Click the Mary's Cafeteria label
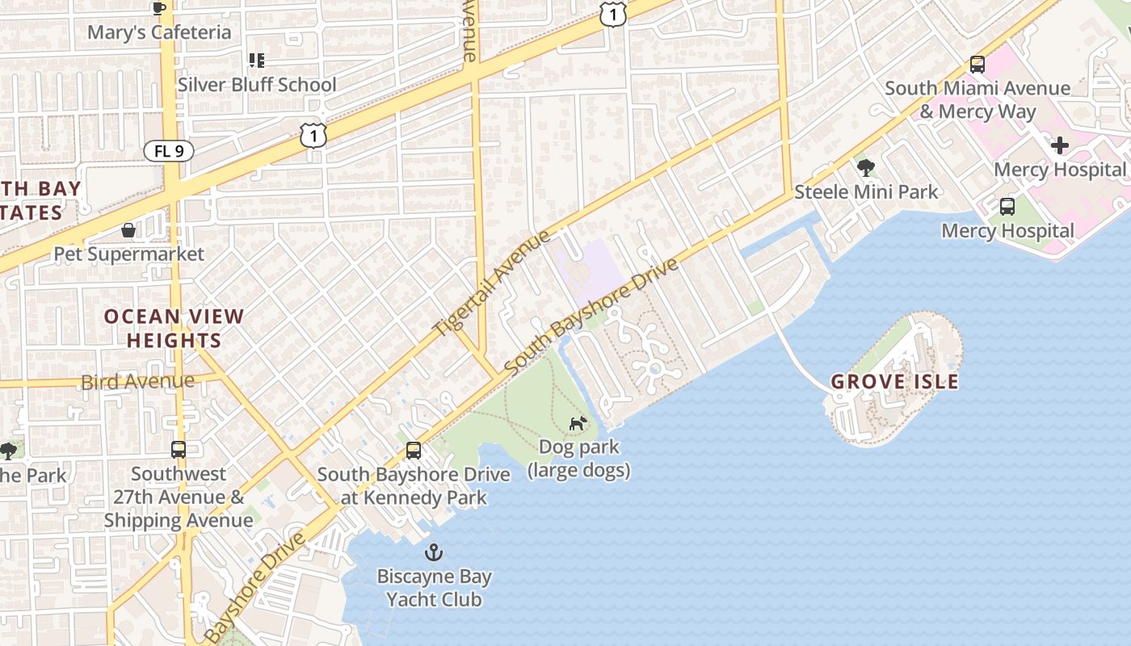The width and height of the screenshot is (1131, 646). click(x=159, y=33)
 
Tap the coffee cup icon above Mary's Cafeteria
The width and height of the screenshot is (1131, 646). click(x=159, y=8)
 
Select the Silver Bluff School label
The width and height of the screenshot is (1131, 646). click(x=257, y=85)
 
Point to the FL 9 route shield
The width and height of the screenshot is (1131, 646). click(x=169, y=151)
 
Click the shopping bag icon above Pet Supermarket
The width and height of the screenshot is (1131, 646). click(x=128, y=231)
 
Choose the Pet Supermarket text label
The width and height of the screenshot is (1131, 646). click(x=129, y=254)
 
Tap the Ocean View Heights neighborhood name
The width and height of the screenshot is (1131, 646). click(x=174, y=328)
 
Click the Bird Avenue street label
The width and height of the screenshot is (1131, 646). click(x=137, y=381)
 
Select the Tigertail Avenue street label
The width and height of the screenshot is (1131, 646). click(x=492, y=283)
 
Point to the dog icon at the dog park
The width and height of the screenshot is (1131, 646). click(x=578, y=423)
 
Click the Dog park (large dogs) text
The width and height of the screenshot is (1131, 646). click(x=578, y=458)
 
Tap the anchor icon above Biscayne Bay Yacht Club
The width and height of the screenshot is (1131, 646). click(x=435, y=553)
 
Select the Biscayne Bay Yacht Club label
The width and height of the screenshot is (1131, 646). click(x=434, y=588)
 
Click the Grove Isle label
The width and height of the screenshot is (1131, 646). click(x=895, y=382)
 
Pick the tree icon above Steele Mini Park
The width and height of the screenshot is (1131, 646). click(x=866, y=168)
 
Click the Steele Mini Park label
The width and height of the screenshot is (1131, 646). click(x=866, y=192)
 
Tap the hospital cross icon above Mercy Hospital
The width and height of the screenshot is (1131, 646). click(x=1060, y=145)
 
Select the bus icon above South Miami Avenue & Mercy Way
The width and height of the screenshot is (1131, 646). click(x=978, y=65)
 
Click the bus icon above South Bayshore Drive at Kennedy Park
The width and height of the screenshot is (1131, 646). click(x=414, y=451)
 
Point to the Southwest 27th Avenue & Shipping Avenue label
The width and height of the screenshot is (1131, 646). click(x=178, y=497)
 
